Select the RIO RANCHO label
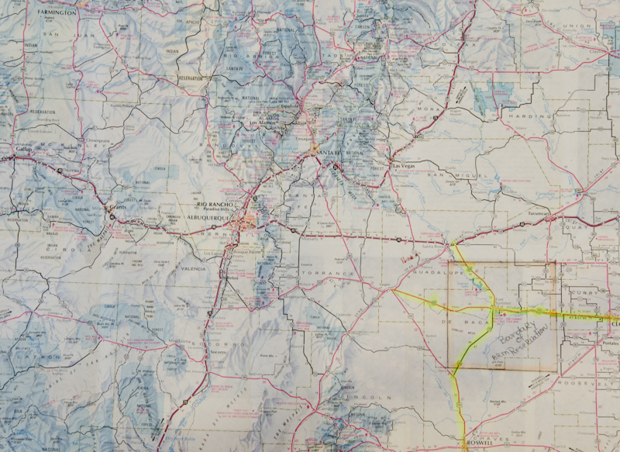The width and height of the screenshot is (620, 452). tap(203, 205)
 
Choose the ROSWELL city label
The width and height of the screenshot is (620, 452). tap(474, 443)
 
